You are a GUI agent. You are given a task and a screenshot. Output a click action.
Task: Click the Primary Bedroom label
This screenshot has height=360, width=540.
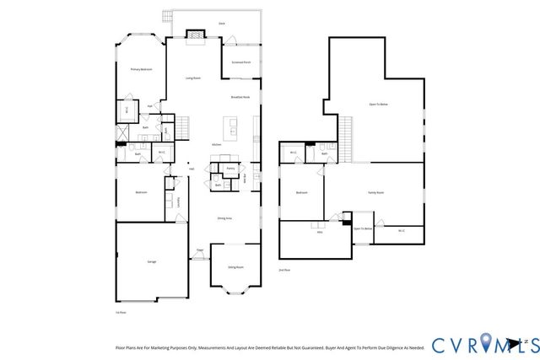(140, 69)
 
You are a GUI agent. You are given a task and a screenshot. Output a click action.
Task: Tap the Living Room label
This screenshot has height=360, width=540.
(192, 78)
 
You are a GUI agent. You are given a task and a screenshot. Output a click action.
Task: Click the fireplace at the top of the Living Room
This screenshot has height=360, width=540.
(196, 35)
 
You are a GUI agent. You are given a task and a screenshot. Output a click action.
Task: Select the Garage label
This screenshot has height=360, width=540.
(152, 261)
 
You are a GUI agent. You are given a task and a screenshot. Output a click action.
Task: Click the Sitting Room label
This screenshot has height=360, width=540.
(235, 267)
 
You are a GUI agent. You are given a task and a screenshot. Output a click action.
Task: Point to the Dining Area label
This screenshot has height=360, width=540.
(224, 218)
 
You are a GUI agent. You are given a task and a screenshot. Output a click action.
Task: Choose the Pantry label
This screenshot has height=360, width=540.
(229, 169)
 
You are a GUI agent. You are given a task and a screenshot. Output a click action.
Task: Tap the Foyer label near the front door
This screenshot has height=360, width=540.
(200, 250)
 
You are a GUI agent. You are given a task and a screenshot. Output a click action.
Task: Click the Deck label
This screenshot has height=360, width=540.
(221, 23)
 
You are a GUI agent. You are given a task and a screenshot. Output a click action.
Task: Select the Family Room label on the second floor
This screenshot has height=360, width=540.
(375, 192)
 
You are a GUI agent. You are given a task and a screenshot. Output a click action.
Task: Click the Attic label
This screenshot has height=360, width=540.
(320, 232)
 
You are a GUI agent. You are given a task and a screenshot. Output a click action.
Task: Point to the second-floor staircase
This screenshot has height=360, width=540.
(344, 138)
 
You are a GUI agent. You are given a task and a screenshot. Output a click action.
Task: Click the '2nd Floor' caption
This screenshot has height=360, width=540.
(284, 270)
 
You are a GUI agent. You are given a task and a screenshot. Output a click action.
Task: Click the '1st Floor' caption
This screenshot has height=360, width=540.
(120, 312)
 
